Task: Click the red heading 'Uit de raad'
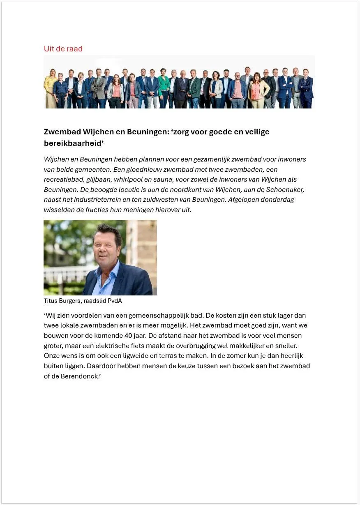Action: tap(63, 49)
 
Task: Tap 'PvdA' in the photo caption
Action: tap(115, 301)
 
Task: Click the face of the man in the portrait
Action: tap(106, 247)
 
